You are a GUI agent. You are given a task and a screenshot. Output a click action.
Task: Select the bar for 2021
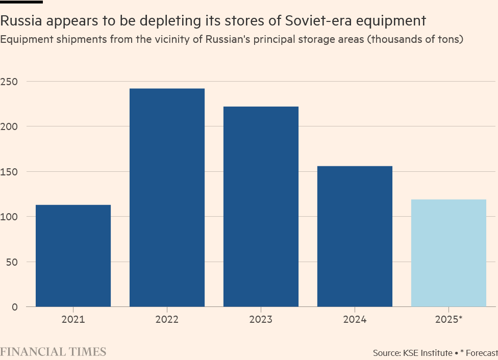73,255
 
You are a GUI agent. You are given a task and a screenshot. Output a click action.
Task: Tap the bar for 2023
261,207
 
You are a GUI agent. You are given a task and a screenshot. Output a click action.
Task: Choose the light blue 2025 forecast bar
449,253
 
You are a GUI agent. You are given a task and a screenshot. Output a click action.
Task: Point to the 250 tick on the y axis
10,82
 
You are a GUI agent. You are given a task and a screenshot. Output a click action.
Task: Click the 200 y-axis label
10,126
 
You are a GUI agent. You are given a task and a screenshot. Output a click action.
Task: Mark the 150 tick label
10,172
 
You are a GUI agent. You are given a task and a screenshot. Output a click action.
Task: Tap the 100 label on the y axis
10,217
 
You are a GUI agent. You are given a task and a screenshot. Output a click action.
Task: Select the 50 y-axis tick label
12,262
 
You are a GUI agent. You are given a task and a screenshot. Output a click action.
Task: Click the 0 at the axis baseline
15,307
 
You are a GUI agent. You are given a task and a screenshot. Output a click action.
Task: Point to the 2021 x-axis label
73,320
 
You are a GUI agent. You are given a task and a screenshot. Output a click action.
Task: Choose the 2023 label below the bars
261,320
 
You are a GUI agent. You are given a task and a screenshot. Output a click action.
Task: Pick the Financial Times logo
53,352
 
